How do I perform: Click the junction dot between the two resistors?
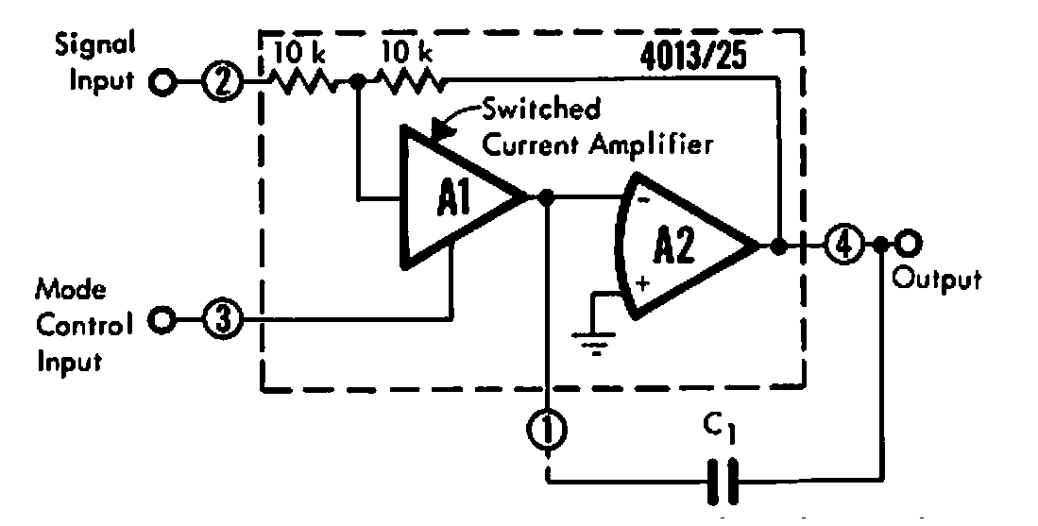tap(357, 83)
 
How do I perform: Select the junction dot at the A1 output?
tap(545, 198)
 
